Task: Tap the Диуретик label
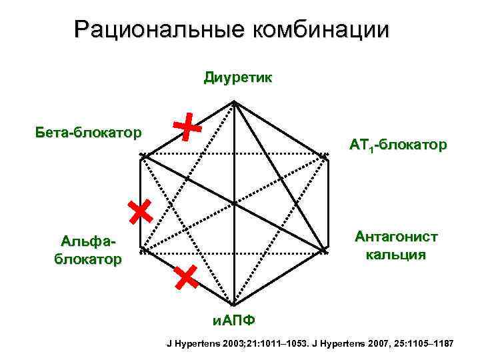(237, 78)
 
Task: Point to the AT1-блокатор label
(397, 144)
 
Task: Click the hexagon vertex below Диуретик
(234, 102)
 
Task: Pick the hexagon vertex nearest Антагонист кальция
(327, 251)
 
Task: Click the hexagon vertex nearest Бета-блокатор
(141, 156)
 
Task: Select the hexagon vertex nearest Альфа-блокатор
(141, 251)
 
